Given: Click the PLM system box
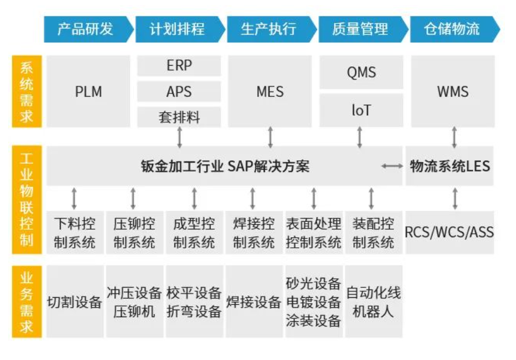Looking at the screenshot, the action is (88, 91).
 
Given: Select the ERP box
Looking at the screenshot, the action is (179, 66).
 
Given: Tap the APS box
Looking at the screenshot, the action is (179, 91).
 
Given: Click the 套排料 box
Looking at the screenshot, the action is (179, 117).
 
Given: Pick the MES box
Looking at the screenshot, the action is (270, 91).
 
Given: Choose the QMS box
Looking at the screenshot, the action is (362, 72).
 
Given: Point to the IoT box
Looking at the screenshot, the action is (362, 110).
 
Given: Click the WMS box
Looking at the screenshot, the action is (453, 91).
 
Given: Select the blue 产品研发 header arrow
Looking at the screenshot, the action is (89, 29).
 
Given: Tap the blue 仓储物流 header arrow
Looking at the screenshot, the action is (455, 29).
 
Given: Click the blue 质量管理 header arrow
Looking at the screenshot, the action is (363, 29).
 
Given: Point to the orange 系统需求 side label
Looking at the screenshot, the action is (26, 91).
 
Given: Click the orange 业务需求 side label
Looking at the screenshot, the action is (26, 301).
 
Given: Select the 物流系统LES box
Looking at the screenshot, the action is (450, 166).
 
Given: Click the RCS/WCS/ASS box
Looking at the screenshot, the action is (450, 232).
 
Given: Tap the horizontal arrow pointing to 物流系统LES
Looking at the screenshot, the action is (392, 166).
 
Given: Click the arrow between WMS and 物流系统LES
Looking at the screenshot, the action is (454, 137).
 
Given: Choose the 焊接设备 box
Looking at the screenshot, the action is (254, 301).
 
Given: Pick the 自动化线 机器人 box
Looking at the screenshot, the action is (373, 301).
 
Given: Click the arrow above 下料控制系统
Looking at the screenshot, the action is (74, 198).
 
